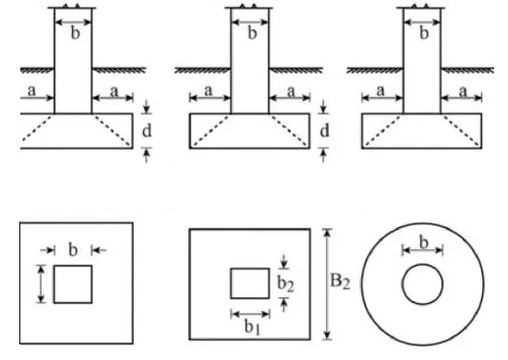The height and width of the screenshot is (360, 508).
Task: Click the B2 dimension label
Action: pyautogui.click(x=340, y=282)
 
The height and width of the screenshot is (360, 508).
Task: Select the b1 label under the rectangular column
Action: pyautogui.click(x=252, y=327)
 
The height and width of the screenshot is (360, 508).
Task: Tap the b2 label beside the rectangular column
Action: pyautogui.click(x=285, y=283)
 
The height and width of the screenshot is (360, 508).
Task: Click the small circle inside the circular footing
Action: pyautogui.click(x=422, y=284)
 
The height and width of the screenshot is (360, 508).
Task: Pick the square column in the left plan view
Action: pyautogui.click(x=73, y=284)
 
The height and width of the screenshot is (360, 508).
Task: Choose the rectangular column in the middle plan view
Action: pyautogui.click(x=249, y=283)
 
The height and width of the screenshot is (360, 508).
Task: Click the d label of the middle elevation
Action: pyautogui.click(x=324, y=131)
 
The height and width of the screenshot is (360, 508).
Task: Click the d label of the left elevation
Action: pyautogui.click(x=147, y=131)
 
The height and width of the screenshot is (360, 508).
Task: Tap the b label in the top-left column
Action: pyautogui.click(x=75, y=33)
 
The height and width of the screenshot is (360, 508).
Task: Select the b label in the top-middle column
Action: pyautogui.click(x=252, y=33)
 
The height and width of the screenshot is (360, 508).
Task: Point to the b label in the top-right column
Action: pyautogui.click(x=424, y=33)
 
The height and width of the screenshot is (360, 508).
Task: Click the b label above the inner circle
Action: pyautogui.click(x=424, y=242)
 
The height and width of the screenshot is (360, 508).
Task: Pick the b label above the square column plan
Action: pyautogui.click(x=73, y=250)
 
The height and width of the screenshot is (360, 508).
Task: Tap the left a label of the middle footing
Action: pyautogui.click(x=209, y=91)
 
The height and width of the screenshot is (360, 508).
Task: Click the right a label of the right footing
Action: pyautogui.click(x=464, y=91)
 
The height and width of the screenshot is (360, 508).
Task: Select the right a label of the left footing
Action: pyautogui.click(x=114, y=91)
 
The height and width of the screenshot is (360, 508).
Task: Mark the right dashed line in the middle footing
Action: pyautogui.click(x=289, y=130)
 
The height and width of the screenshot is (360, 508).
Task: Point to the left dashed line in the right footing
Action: pyautogui.click(x=382, y=130)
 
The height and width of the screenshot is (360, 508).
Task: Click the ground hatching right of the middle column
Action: pyautogui.click(x=296, y=70)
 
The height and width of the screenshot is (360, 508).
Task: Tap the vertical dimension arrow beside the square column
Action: pyautogui.click(x=41, y=284)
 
